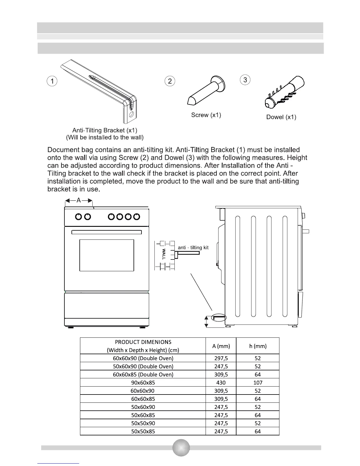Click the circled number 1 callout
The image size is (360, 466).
tap(52, 81)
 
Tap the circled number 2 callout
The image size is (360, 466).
tap(170, 81)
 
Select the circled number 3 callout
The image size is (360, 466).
tap(245, 79)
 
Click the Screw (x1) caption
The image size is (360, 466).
tap(206, 115)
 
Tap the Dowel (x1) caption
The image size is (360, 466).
tap(281, 117)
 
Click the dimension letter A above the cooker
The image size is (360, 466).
tap(79, 200)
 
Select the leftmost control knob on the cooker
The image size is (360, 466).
tap(79, 217)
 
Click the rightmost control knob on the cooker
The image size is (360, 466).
tap(136, 217)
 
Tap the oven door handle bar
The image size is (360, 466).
tap(106, 232)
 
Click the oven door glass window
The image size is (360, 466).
tap(106, 255)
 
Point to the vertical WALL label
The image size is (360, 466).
tap(164, 254)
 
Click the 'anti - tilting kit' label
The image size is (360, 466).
tap(193, 248)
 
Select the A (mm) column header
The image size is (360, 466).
tap(221, 346)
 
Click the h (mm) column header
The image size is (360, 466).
tap(258, 346)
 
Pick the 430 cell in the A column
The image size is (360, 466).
tap(221, 382)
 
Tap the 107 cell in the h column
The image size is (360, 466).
tap(258, 382)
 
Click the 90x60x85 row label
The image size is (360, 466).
tap(143, 382)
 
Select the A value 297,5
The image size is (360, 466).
tap(221, 358)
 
